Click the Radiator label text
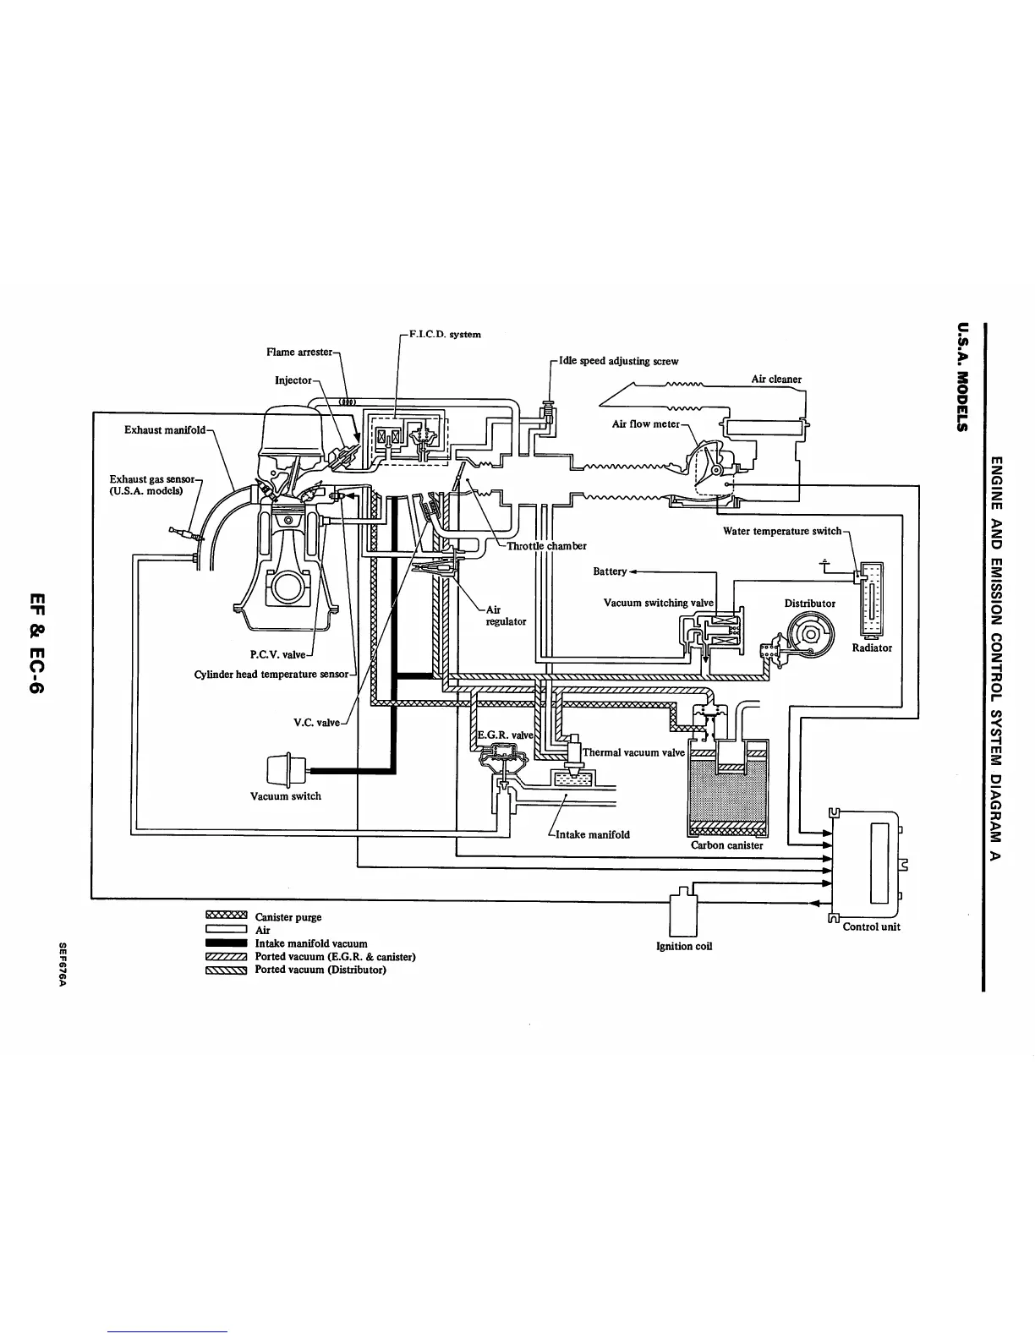point(872,648)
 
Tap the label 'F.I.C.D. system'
point(445,334)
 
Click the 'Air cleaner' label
point(776,380)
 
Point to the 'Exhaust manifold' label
point(164,430)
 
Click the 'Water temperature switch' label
point(782,531)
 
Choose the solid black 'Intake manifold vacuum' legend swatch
point(225,943)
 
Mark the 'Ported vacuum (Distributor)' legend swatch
point(225,970)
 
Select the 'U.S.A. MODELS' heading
point(961,377)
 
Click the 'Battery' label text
point(610,571)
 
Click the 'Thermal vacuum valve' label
point(633,752)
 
